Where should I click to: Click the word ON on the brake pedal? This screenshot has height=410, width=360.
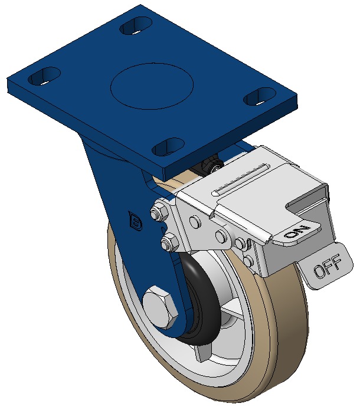(297, 231)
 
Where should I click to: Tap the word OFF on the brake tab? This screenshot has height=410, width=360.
(328, 265)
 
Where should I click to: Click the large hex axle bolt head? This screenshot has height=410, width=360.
(160, 307)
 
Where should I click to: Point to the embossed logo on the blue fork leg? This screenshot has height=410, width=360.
(135, 221)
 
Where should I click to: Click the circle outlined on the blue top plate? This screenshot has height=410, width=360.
(152, 86)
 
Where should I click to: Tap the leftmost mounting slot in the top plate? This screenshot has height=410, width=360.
(44, 76)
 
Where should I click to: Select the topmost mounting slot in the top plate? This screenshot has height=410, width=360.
(136, 25)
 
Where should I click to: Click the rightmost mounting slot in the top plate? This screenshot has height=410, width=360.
(260, 96)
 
